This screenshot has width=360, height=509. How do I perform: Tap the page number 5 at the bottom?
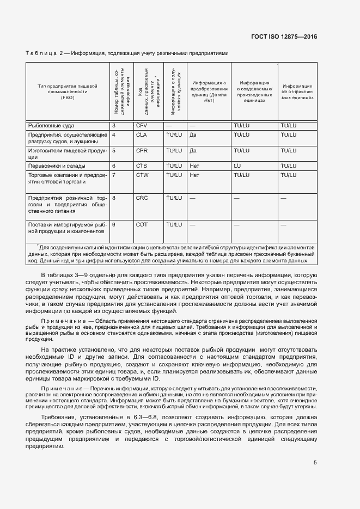(x=315, y=463)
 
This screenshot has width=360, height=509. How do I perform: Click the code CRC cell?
(x=141, y=198)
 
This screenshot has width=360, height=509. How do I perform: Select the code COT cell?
(x=141, y=224)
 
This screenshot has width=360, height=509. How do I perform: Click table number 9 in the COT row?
(x=113, y=224)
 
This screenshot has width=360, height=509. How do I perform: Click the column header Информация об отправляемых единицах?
(x=297, y=91)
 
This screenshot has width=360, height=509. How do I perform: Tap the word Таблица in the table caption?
(x=41, y=53)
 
